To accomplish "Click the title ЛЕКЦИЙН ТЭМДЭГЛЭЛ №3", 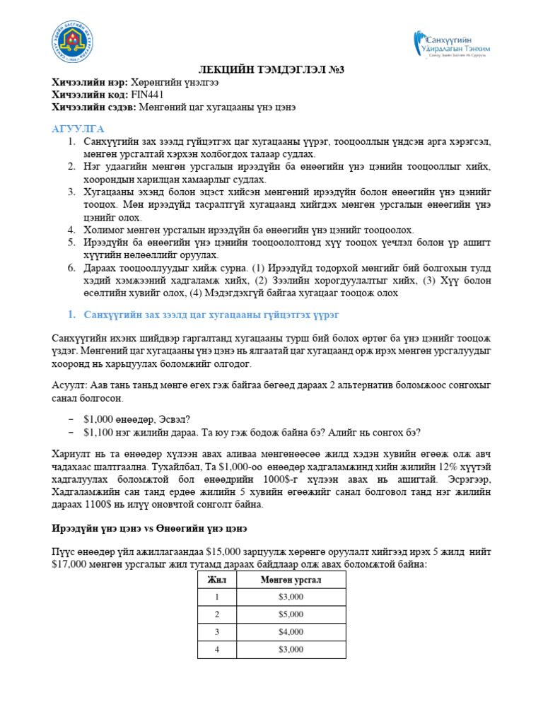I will pos(271,69).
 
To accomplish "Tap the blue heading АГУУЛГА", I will pos(78,129).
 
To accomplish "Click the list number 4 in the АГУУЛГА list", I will pos(71,230).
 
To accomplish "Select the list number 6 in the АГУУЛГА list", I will pos(71,268).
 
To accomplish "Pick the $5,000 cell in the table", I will pos(291,614).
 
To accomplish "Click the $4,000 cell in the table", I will pos(291,631).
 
